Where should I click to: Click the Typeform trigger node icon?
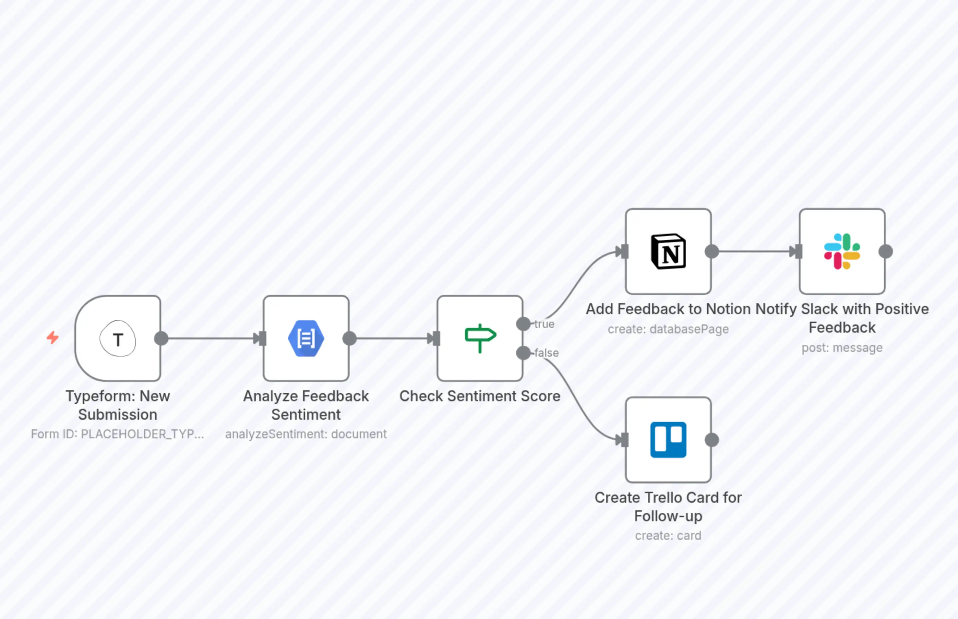pyautogui.click(x=118, y=339)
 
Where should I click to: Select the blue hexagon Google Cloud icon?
pyautogui.click(x=306, y=338)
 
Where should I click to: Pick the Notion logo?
pyautogui.click(x=668, y=251)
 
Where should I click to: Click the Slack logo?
pyautogui.click(x=842, y=251)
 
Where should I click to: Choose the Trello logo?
pyautogui.click(x=668, y=440)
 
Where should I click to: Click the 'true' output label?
pyautogui.click(x=544, y=324)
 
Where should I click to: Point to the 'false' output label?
pyautogui.click(x=547, y=353)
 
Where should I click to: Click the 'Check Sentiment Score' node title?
pyautogui.click(x=480, y=396)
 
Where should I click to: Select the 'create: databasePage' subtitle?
pyautogui.click(x=668, y=329)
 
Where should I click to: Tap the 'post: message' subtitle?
pyautogui.click(x=842, y=348)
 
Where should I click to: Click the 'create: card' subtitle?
pyautogui.click(x=668, y=536)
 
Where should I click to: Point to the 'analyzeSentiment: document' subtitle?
pyautogui.click(x=306, y=434)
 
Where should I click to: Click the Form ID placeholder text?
pyautogui.click(x=117, y=434)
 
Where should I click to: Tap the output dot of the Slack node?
pyautogui.click(x=886, y=252)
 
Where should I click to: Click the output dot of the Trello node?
pyautogui.click(x=712, y=440)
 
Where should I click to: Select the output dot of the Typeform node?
pyautogui.click(x=161, y=338)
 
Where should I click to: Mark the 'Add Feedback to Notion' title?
pyautogui.click(x=668, y=309)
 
